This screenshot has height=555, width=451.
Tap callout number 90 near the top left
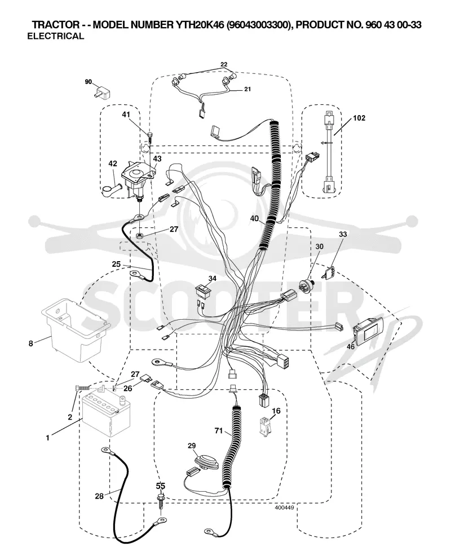[89, 82]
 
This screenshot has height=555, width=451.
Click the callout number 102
[359, 118]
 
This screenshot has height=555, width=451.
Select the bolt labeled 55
[161, 501]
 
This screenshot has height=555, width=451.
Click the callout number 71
[219, 430]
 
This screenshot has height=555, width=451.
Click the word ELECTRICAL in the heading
[56, 36]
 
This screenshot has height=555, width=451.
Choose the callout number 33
[343, 234]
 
